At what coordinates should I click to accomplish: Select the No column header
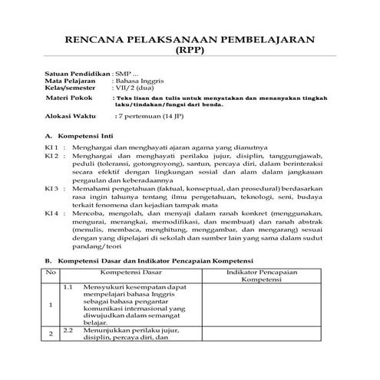click(x=51, y=272)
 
